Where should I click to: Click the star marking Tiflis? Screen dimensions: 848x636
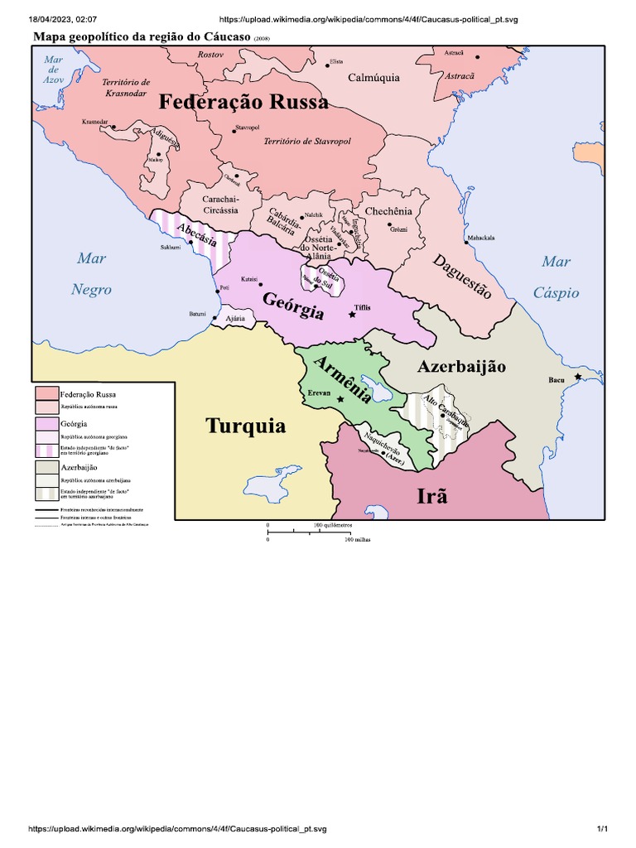pos(352,316)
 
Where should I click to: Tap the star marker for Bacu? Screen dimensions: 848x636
pos(578,378)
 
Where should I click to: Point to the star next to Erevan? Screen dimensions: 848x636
pos(340,400)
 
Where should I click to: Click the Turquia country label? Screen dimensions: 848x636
pos(245,426)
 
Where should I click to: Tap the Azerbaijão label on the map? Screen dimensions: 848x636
pos(461,366)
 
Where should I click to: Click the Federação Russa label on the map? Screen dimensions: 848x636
pos(243,102)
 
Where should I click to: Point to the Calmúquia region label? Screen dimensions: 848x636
pos(373,77)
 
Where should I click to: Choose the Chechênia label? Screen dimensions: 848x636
pos(388,212)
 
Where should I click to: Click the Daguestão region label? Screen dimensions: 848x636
pos(461,276)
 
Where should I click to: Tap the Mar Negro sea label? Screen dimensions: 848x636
pos(91,274)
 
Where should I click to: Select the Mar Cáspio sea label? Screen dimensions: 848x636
pos(556,277)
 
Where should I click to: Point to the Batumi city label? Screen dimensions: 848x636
pos(196,314)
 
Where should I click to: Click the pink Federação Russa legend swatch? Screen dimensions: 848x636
pos(46,394)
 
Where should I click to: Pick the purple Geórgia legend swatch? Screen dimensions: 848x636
pos(46,422)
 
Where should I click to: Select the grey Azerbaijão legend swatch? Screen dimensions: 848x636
pos(46,467)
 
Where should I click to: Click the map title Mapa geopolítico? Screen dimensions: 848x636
pos(141,37)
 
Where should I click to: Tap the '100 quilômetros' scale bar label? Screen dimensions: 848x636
pos(333,525)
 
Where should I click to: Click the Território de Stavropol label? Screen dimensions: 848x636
pos(306,142)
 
